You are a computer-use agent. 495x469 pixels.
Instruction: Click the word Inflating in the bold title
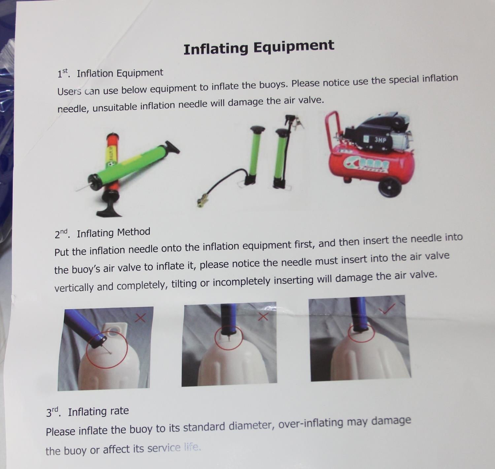216,49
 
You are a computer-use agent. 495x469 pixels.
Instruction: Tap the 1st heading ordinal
63,73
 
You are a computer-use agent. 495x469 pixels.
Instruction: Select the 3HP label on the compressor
380,140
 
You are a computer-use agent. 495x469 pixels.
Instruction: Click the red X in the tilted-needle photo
140,318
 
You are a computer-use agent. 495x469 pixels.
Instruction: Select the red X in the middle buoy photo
263,317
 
